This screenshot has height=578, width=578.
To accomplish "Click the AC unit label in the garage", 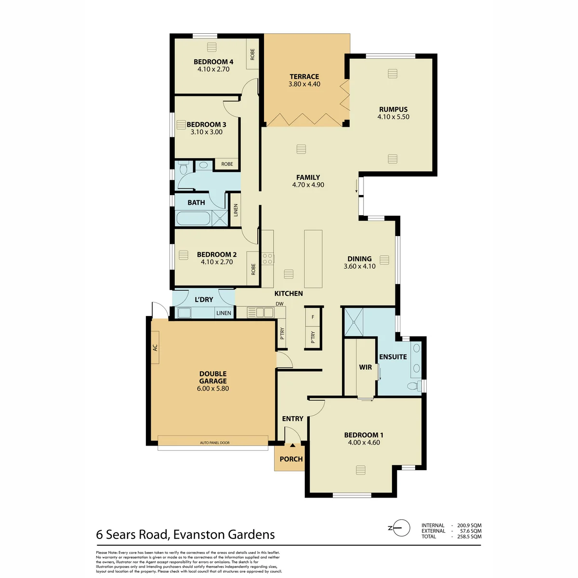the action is pyautogui.click(x=155, y=347).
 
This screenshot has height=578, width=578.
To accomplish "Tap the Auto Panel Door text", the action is pyautogui.click(x=214, y=443).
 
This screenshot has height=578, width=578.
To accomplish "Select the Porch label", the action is pyautogui.click(x=291, y=459).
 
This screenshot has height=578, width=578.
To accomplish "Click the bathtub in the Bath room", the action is pyautogui.click(x=193, y=218).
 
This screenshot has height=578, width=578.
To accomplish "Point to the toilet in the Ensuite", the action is pyautogui.click(x=415, y=386).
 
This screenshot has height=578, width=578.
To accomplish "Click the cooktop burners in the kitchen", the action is pyautogui.click(x=267, y=259).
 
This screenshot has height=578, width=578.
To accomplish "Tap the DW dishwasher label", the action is pyautogui.click(x=279, y=303).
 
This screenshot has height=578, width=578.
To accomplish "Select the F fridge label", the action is pyautogui.click(x=313, y=317).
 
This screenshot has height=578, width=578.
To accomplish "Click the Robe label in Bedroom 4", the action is pyautogui.click(x=252, y=54).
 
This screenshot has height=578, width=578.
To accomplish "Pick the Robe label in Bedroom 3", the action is pyautogui.click(x=227, y=164).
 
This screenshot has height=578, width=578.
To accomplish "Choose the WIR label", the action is pyautogui.click(x=365, y=367).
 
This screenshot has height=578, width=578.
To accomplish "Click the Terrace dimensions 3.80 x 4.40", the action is pyautogui.click(x=304, y=84).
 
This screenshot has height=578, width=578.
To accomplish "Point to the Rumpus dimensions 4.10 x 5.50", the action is pyautogui.click(x=393, y=117).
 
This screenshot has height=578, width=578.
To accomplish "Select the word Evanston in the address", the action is pyautogui.click(x=198, y=535).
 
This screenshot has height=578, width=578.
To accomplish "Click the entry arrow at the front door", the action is pyautogui.click(x=292, y=446).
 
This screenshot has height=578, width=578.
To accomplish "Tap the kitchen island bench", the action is pyautogui.click(x=313, y=259).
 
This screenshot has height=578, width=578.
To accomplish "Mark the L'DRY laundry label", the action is pyautogui.click(x=204, y=299).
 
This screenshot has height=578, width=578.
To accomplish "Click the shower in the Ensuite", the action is pyautogui.click(x=354, y=322).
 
